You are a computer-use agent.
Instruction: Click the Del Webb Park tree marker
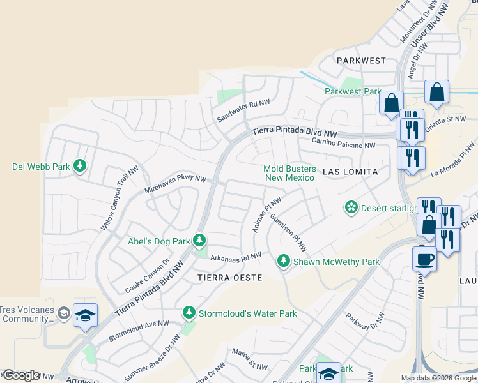(79, 167)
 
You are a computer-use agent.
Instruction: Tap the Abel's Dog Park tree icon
(200, 241)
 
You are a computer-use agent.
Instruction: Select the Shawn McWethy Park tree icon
(284, 261)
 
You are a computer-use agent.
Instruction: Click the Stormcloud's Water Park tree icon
(189, 313)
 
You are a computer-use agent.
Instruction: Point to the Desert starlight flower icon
(350, 207)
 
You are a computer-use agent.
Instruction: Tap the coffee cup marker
(425, 259)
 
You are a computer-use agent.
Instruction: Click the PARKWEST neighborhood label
(362, 61)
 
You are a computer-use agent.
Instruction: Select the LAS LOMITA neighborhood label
(351, 172)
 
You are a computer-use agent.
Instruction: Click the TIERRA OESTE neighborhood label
(229, 278)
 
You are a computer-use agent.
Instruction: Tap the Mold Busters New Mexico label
(289, 173)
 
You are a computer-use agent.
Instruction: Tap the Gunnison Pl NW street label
(288, 232)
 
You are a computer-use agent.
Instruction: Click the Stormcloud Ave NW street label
(138, 331)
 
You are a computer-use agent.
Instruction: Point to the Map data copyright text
(438, 378)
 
